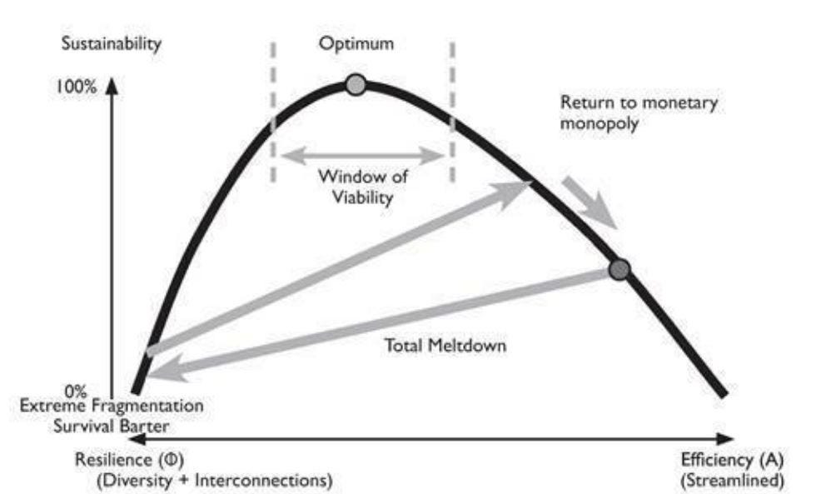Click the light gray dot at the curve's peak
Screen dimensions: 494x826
point(356,84)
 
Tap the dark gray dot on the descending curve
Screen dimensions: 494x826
point(619,269)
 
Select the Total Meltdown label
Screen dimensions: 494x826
point(445,344)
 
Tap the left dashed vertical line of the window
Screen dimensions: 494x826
point(271,112)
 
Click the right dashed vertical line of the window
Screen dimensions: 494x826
point(453,112)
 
